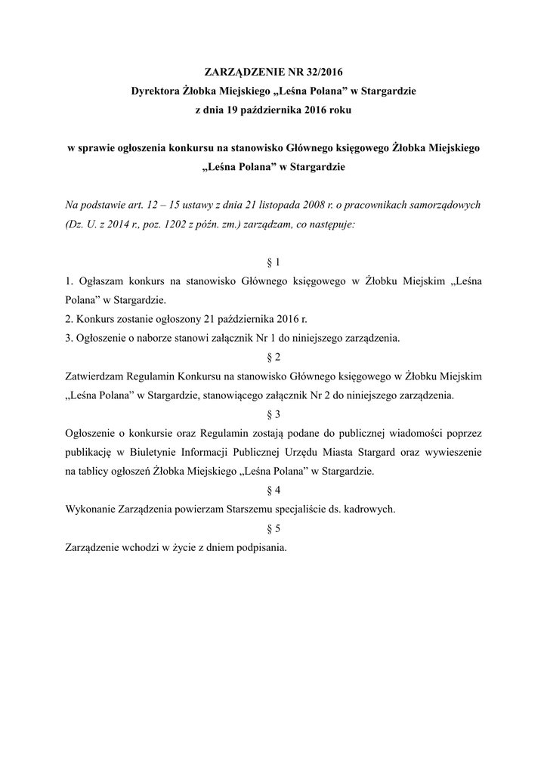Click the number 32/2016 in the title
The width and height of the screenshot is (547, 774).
coord(321,73)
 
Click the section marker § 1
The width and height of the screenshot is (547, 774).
coord(273,262)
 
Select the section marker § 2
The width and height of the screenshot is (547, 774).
coord(273,358)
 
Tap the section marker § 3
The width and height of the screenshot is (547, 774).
coord(273,414)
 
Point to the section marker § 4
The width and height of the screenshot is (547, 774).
coord(273,491)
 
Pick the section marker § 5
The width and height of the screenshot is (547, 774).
coord(273,528)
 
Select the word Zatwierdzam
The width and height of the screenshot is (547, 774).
coord(96,376)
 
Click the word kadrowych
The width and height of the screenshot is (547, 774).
coord(369,509)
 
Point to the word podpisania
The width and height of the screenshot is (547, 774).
coord(260,548)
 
